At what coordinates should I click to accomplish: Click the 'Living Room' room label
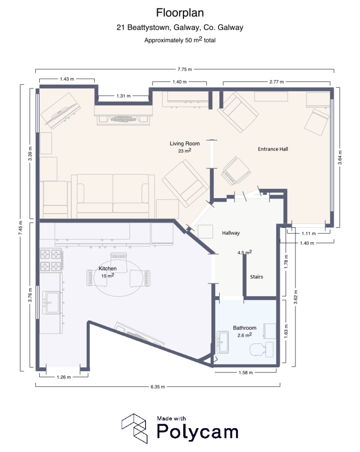pyautogui.click(x=185, y=143)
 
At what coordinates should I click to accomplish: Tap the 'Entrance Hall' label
pyautogui.click(x=273, y=149)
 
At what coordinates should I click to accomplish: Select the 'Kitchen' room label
pyautogui.click(x=107, y=268)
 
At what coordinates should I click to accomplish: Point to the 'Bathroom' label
pyautogui.click(x=244, y=328)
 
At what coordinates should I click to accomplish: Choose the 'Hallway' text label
pyautogui.click(x=231, y=233)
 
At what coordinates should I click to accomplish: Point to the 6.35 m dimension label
pyautogui.click(x=157, y=387)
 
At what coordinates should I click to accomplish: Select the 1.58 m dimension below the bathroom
pyautogui.click(x=245, y=373)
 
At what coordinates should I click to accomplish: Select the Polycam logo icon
pyautogui.click(x=135, y=428)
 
